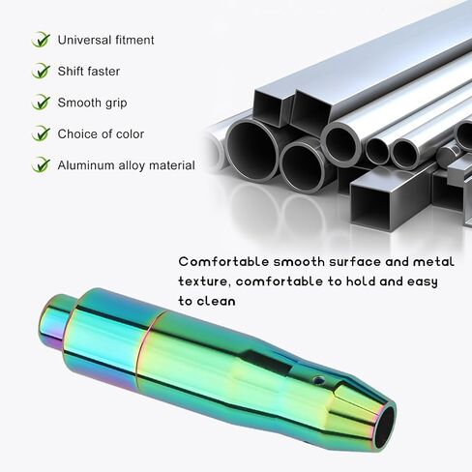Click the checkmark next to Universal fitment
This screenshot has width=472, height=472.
[41, 40]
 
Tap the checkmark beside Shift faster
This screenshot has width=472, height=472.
[41, 71]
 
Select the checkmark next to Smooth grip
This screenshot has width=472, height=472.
[41, 103]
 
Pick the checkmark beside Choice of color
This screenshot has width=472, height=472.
[41, 133]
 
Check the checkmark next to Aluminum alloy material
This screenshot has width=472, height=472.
[41, 164]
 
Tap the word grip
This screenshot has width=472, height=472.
[116, 103]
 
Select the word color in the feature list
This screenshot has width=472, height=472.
[130, 134]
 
